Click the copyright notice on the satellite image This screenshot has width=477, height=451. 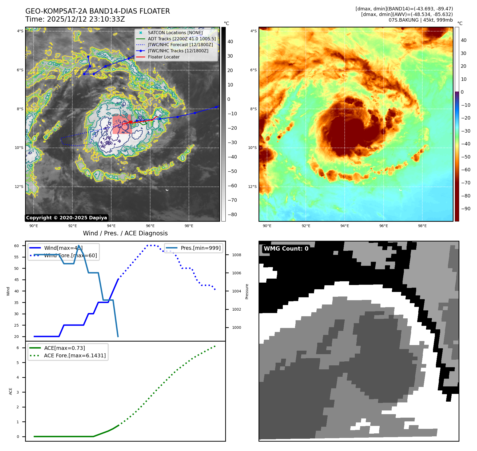tap(66, 218)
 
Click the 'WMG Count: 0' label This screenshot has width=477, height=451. tap(286, 249)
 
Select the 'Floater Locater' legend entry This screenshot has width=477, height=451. tap(164, 57)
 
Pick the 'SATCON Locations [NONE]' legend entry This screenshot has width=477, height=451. tap(175, 33)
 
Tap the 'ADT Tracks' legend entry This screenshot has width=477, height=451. tap(182, 39)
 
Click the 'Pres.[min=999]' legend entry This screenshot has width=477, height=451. tap(200, 248)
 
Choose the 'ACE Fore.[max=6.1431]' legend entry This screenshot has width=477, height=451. tap(75, 355)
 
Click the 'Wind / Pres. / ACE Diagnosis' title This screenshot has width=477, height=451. tap(125, 233)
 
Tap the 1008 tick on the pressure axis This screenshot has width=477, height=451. tap(236, 255)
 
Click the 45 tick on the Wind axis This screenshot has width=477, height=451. tap(17, 280)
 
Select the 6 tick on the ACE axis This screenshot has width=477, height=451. tap(18, 348)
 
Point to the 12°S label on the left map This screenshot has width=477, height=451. tap(19, 187)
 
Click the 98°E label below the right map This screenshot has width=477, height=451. tap(422, 226)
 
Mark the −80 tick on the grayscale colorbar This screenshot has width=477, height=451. tap(232, 215)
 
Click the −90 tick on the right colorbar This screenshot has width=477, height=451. tap(466, 209)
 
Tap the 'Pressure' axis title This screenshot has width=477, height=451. tap(247, 291)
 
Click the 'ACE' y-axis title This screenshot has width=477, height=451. tap(11, 391)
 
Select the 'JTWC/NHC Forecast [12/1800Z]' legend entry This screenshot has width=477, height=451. tap(180, 45)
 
